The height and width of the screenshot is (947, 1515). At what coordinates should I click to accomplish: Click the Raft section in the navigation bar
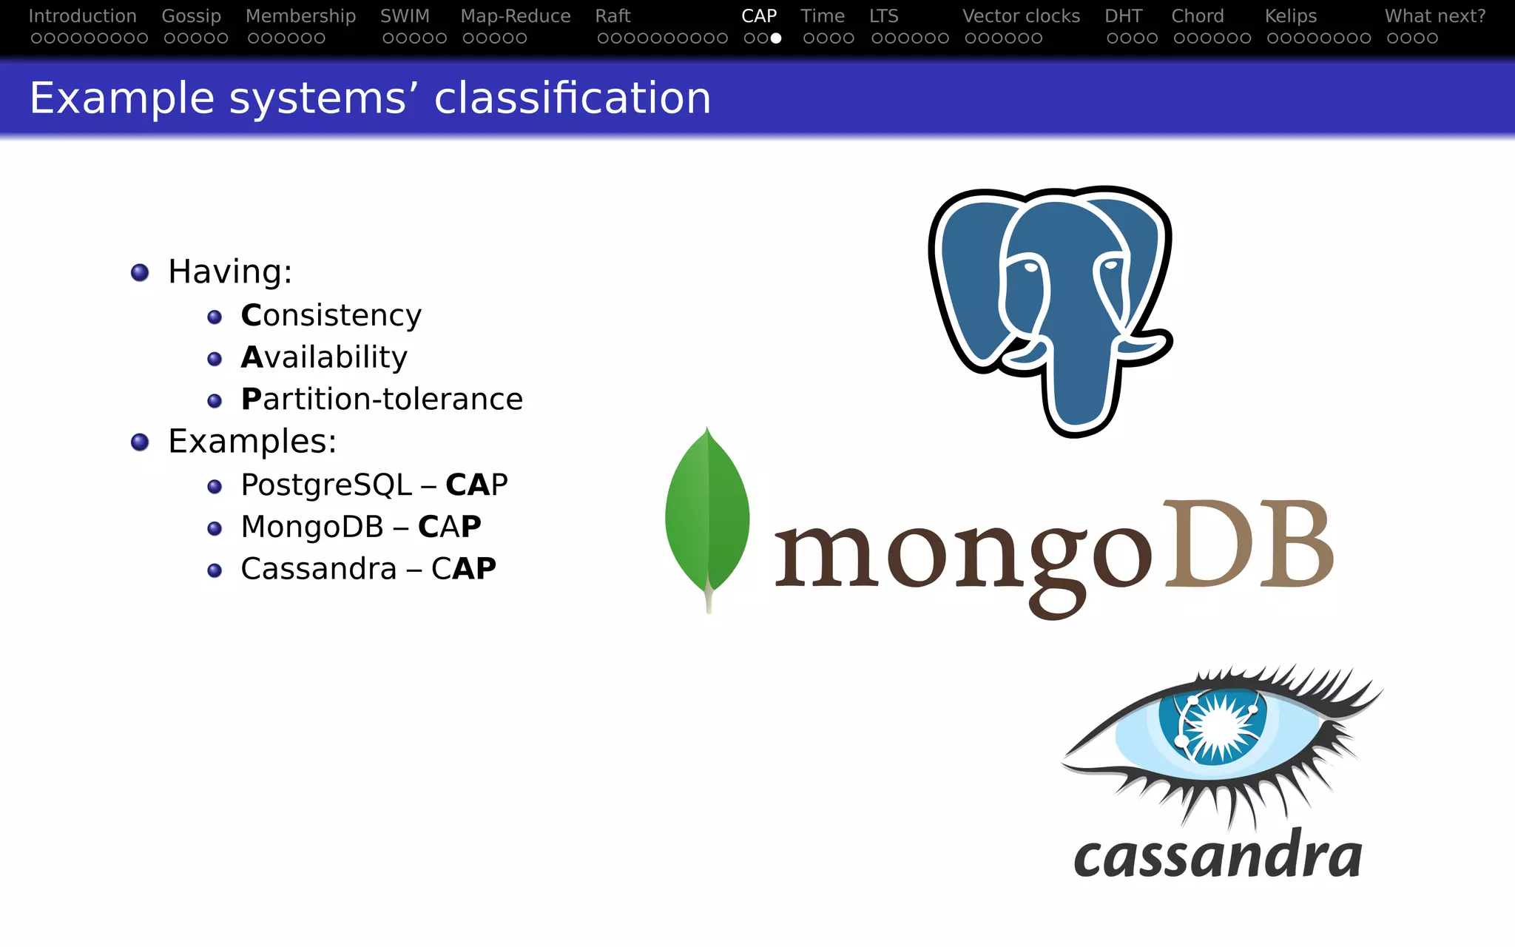pyautogui.click(x=613, y=16)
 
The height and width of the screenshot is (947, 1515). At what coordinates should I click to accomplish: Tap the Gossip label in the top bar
pyautogui.click(x=191, y=16)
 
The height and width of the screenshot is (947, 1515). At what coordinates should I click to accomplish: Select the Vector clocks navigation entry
pyautogui.click(x=1021, y=16)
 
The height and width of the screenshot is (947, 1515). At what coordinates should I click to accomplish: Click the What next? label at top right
pyautogui.click(x=1434, y=16)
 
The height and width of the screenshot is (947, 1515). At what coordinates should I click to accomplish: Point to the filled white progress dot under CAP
pyautogui.click(x=775, y=38)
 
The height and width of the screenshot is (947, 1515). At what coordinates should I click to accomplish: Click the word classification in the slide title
pyautogui.click(x=572, y=98)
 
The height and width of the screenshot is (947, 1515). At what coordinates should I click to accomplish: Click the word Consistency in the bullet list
pyautogui.click(x=331, y=315)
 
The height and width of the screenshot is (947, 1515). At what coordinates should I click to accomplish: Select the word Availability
pyautogui.click(x=324, y=357)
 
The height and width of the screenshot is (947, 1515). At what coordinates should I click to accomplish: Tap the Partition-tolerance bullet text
pyautogui.click(x=382, y=400)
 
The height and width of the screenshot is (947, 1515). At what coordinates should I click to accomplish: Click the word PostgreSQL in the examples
pyautogui.click(x=325, y=485)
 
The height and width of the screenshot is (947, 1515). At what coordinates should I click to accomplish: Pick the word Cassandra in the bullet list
pyautogui.click(x=318, y=569)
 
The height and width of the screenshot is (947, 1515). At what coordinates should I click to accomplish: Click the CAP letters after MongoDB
pyautogui.click(x=449, y=527)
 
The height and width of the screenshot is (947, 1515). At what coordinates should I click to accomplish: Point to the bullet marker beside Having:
pyautogui.click(x=140, y=272)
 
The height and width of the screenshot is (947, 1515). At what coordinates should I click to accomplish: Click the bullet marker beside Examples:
pyautogui.click(x=140, y=442)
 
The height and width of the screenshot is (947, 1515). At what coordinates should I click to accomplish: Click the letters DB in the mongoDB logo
pyautogui.click(x=1248, y=545)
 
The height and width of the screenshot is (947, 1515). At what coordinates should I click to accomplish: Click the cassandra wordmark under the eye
pyautogui.click(x=1217, y=857)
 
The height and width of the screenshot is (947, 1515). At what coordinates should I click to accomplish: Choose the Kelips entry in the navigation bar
pyautogui.click(x=1290, y=16)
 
